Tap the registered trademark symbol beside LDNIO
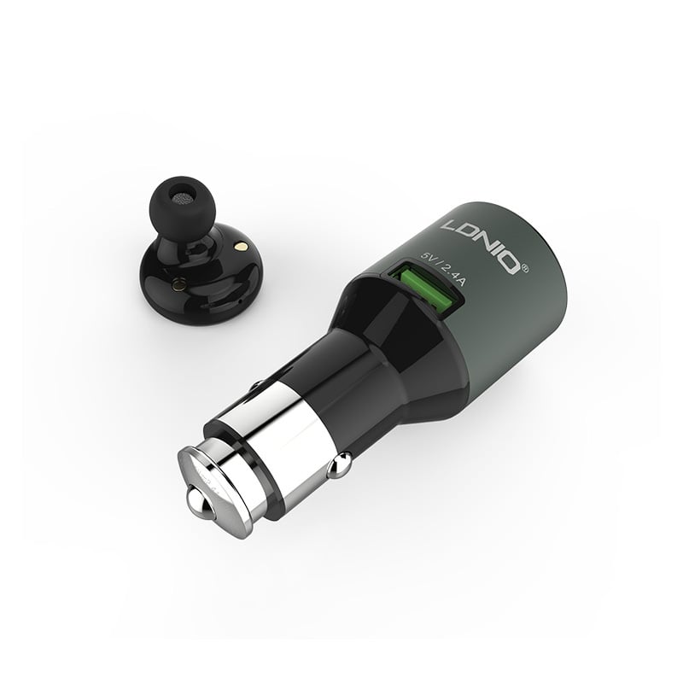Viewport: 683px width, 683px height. pyautogui.click(x=525, y=268)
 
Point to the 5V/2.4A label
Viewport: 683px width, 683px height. pyautogui.click(x=444, y=269)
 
